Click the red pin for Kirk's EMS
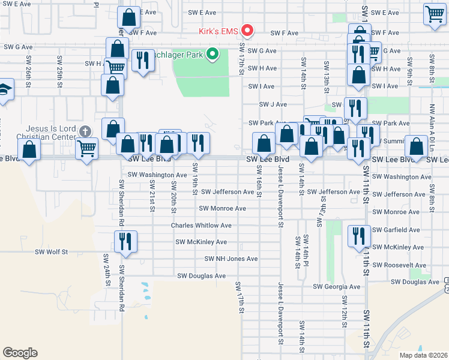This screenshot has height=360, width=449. click(247, 31)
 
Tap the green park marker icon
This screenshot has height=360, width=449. click(212, 55)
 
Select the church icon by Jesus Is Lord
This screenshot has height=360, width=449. click(85, 131)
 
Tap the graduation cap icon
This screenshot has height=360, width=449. click(4, 90)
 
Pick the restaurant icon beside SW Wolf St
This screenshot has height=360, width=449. click(125, 241)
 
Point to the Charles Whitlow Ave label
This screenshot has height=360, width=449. click(201, 226)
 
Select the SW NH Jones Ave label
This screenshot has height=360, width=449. click(231, 259)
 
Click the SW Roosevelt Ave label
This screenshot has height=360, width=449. click(399, 265)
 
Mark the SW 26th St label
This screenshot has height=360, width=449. click(28, 68)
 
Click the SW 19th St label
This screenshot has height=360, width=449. click(195, 179)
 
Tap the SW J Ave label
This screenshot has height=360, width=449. click(273, 104)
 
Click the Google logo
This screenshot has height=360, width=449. click(20, 353)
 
